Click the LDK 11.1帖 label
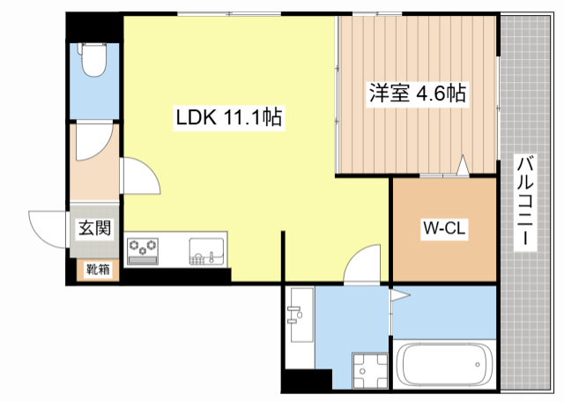click(228, 117)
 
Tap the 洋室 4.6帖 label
click(417, 92)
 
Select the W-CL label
click(444, 229)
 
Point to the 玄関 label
click(95, 228)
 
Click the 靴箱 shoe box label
click(96, 271)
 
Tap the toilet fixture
click(92, 61)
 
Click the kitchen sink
click(207, 250)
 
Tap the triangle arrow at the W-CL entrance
click(462, 165)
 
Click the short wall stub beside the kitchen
click(283, 257)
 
